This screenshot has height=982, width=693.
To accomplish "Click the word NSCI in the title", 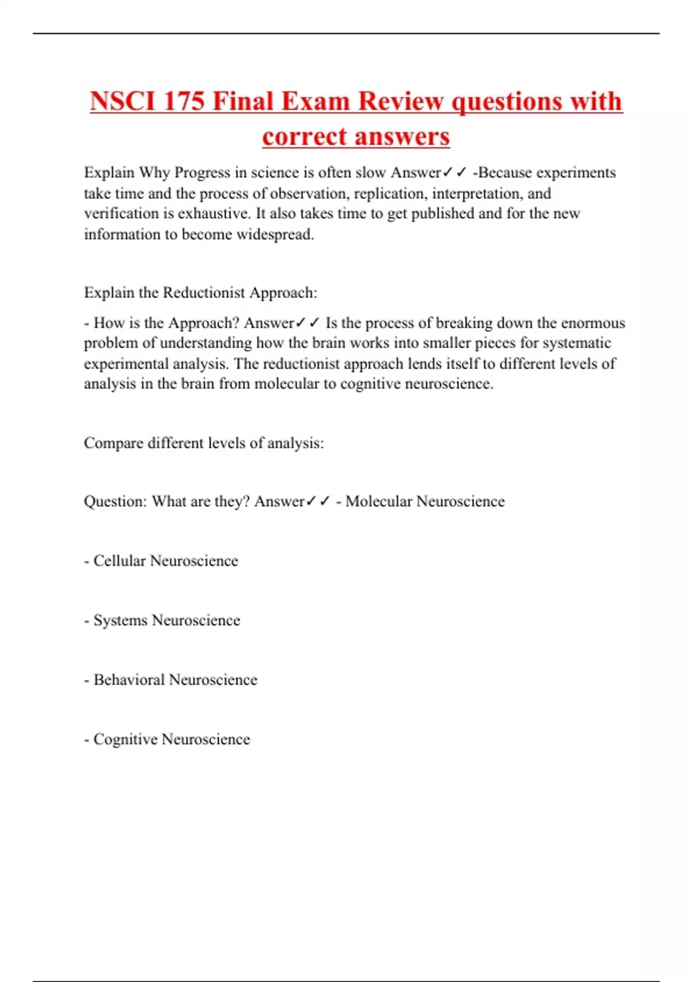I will point(123,102).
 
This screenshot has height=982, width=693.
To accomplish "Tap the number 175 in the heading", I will point(184,102).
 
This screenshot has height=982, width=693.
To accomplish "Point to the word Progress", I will point(202,173).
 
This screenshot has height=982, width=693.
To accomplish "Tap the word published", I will point(442,214).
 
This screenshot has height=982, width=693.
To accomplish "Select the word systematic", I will point(575,343).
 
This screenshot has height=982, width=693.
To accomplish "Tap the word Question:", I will point(115,501).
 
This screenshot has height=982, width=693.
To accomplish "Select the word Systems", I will point(120,620).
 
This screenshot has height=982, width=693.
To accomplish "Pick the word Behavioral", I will point(129,680).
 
